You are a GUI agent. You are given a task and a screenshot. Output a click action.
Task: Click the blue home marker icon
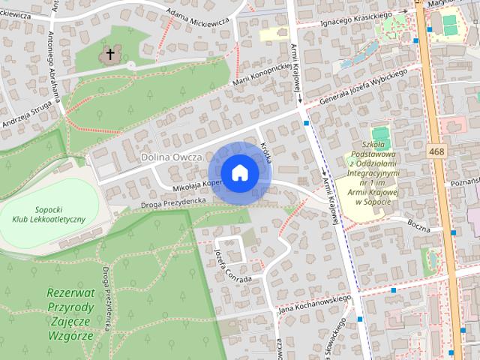239,173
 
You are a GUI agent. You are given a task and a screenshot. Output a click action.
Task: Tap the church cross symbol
111,54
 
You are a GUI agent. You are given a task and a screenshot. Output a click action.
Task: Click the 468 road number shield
437,152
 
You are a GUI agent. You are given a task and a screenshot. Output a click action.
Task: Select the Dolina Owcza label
172,157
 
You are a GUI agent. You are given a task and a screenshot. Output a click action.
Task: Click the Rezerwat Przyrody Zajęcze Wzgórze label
79,315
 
